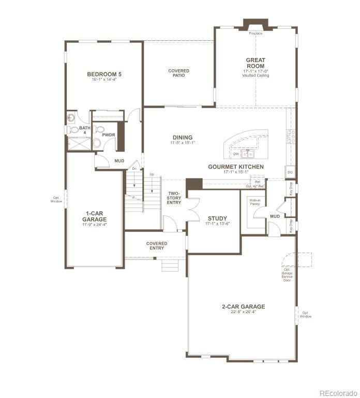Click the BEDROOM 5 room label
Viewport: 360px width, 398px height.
click(x=104, y=74)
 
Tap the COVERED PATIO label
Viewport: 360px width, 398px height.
click(x=178, y=73)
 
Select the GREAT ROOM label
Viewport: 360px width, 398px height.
click(x=256, y=63)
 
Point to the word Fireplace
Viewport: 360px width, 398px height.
click(x=256, y=34)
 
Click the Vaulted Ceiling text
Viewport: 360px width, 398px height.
click(x=256, y=76)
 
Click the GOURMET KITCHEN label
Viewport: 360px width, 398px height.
click(x=236, y=167)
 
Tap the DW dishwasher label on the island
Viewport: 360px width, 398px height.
click(x=236, y=154)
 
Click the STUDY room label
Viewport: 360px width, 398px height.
click(x=217, y=218)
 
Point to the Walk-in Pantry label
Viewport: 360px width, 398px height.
click(x=254, y=202)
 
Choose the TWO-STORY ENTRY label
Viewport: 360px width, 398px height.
click(x=174, y=197)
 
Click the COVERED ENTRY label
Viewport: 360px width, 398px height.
click(x=157, y=245)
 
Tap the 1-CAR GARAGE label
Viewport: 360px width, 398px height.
click(x=94, y=215)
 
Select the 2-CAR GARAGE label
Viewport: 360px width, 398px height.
click(x=243, y=306)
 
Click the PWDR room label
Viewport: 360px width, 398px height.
click(x=109, y=135)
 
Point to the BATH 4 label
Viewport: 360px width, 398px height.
click(x=84, y=130)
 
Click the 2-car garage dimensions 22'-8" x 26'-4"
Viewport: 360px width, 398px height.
click(x=243, y=312)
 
